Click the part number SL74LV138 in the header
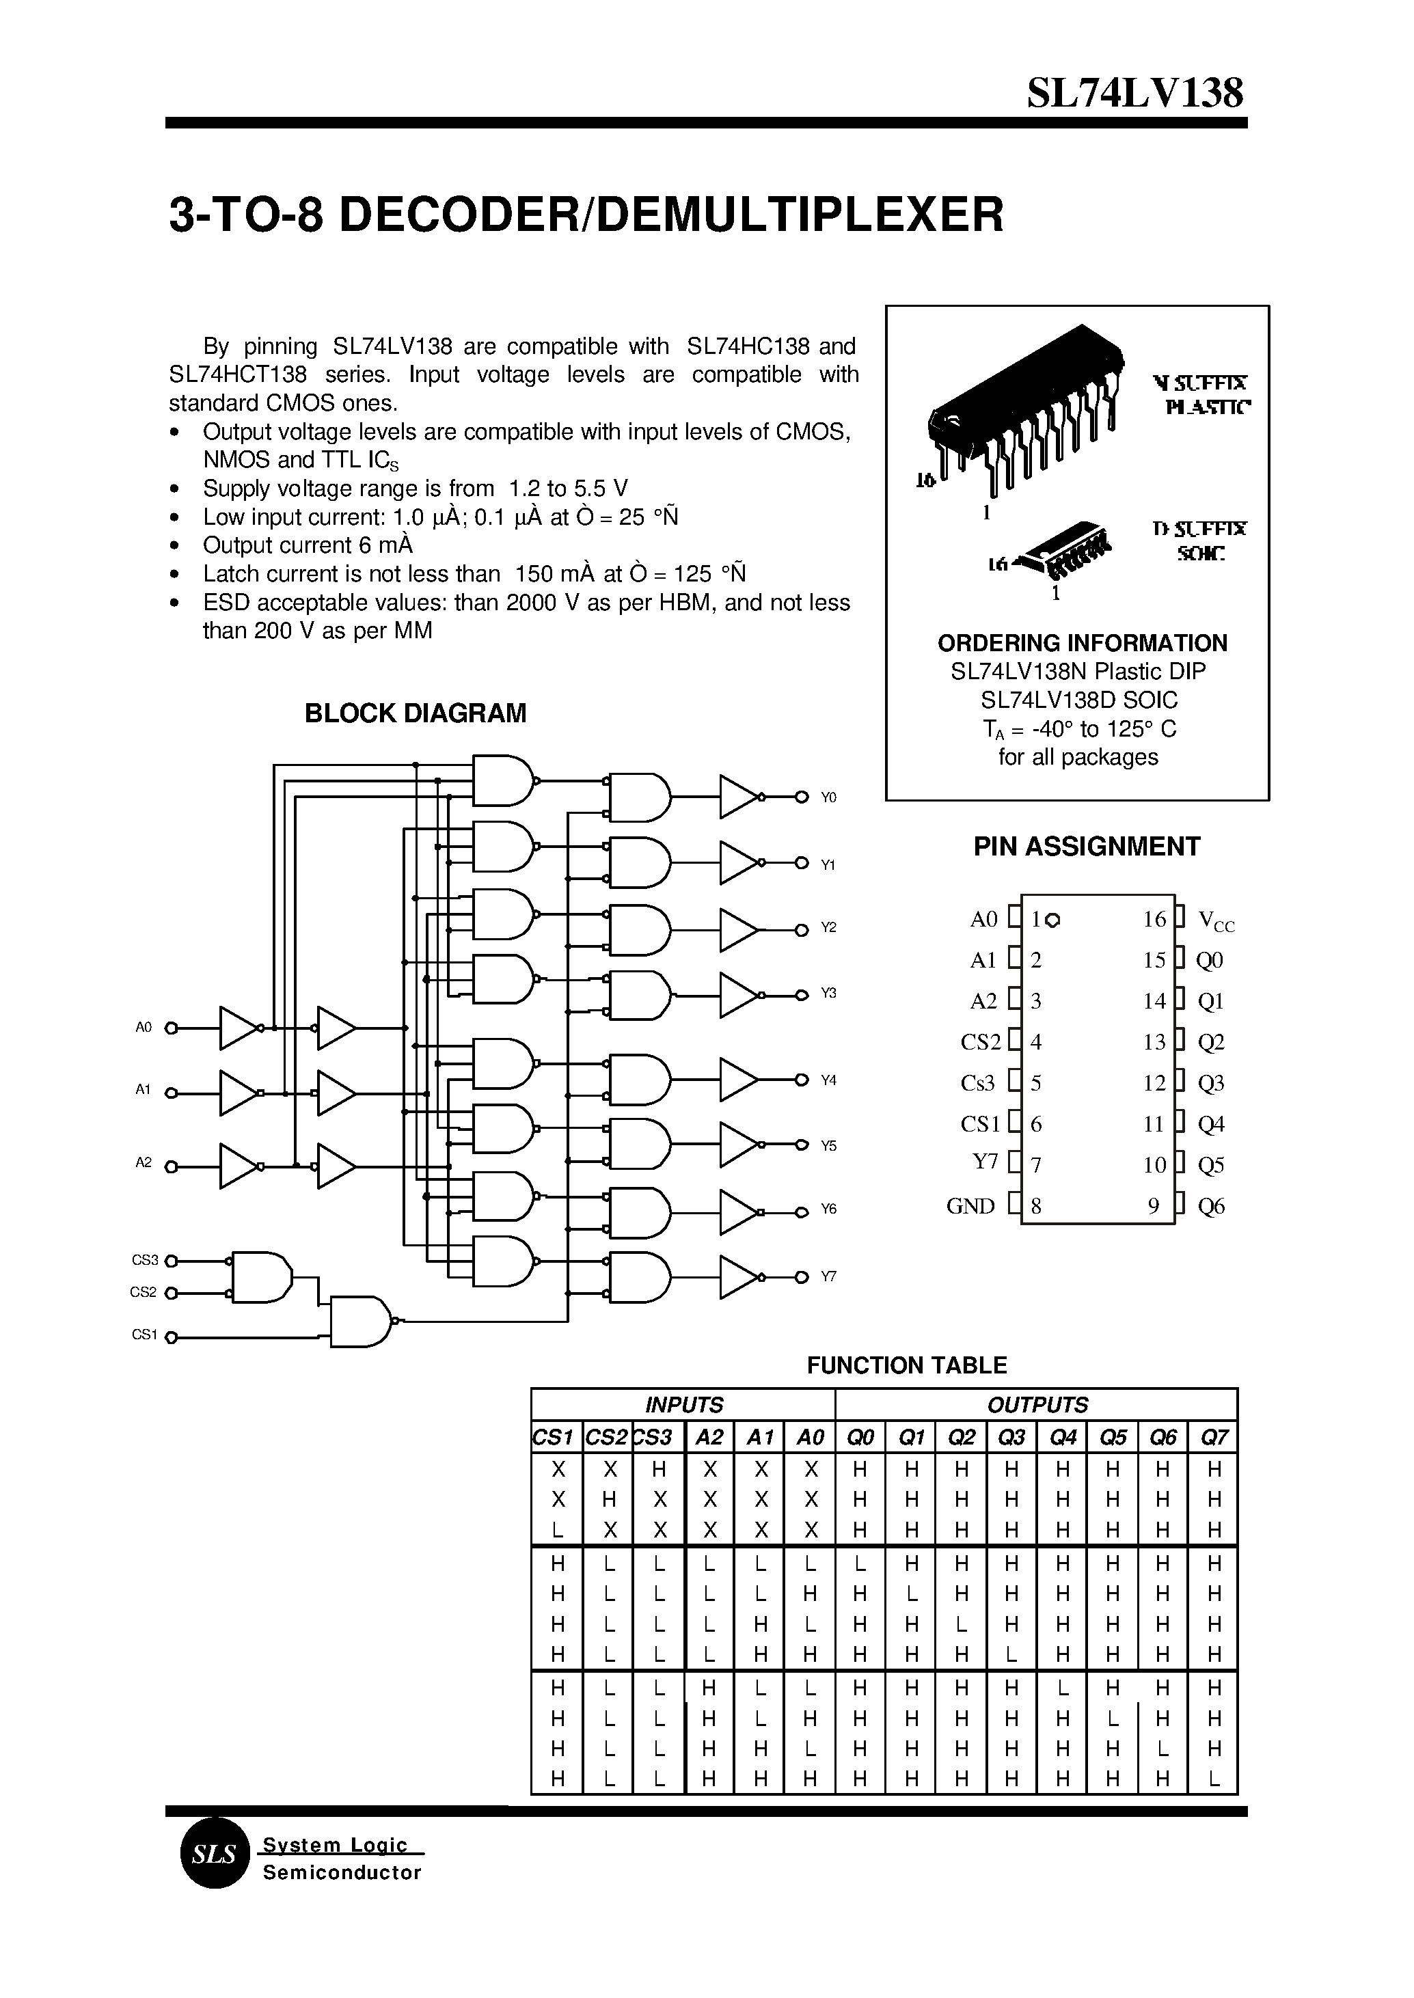[x=1134, y=92]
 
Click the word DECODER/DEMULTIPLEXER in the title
[x=670, y=215]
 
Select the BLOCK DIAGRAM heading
[x=416, y=713]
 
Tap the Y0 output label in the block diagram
[x=828, y=797]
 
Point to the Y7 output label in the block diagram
[x=828, y=1276]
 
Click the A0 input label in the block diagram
[x=144, y=1027]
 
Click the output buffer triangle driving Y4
[x=738, y=1080]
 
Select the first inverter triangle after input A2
[x=238, y=1166]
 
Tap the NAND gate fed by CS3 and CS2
[x=260, y=1277]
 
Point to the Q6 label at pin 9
[x=1210, y=1206]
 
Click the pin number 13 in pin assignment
[x=1154, y=1042]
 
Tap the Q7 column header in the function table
[x=1213, y=1437]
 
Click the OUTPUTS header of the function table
[x=1037, y=1405]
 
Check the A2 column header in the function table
[x=709, y=1437]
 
